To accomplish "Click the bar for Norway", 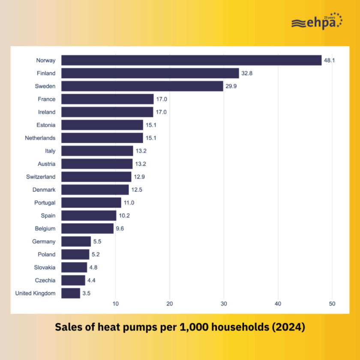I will [191, 60].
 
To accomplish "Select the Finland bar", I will [150, 73].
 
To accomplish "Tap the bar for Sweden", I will [142, 86].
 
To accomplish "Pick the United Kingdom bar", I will [71, 293].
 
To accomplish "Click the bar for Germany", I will [76, 242].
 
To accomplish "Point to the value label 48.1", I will [329, 60].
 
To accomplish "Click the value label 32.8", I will [247, 73].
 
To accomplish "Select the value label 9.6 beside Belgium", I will [120, 229].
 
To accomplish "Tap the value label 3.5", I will [86, 293].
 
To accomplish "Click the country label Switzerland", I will [41, 177].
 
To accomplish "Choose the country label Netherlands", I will [40, 138].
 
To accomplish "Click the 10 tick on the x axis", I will [115, 304].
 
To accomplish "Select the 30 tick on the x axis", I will [224, 304].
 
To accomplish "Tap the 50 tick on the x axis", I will [332, 304].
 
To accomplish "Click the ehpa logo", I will [317, 21].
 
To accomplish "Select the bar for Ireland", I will [107, 112].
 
